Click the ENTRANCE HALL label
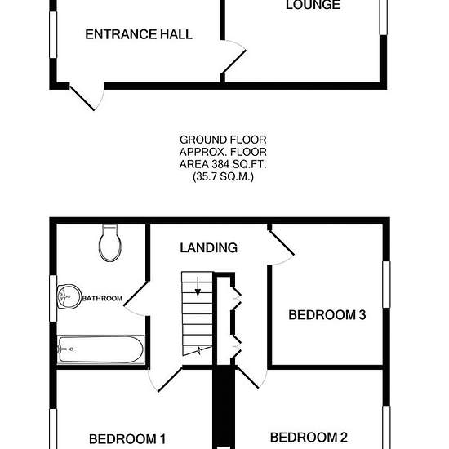pos(139,34)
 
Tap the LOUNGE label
pos(313,5)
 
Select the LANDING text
pos(208,247)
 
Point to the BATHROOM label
pos(102,298)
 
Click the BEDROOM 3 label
pos(327,314)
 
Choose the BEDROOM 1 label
pos(127,439)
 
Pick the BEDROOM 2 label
pos(309,438)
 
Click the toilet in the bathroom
pos(110,243)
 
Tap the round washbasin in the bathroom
pos(69,296)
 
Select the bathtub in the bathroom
pos(100,349)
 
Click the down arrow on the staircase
pos(198,287)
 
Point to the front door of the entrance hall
pos(87,97)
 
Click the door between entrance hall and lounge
pos(233,56)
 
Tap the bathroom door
pos(136,299)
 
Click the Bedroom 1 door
pos(165,380)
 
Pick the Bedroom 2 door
pos(251,377)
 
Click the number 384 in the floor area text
pos(220,164)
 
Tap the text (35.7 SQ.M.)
pos(223,176)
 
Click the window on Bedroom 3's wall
pos(387,284)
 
